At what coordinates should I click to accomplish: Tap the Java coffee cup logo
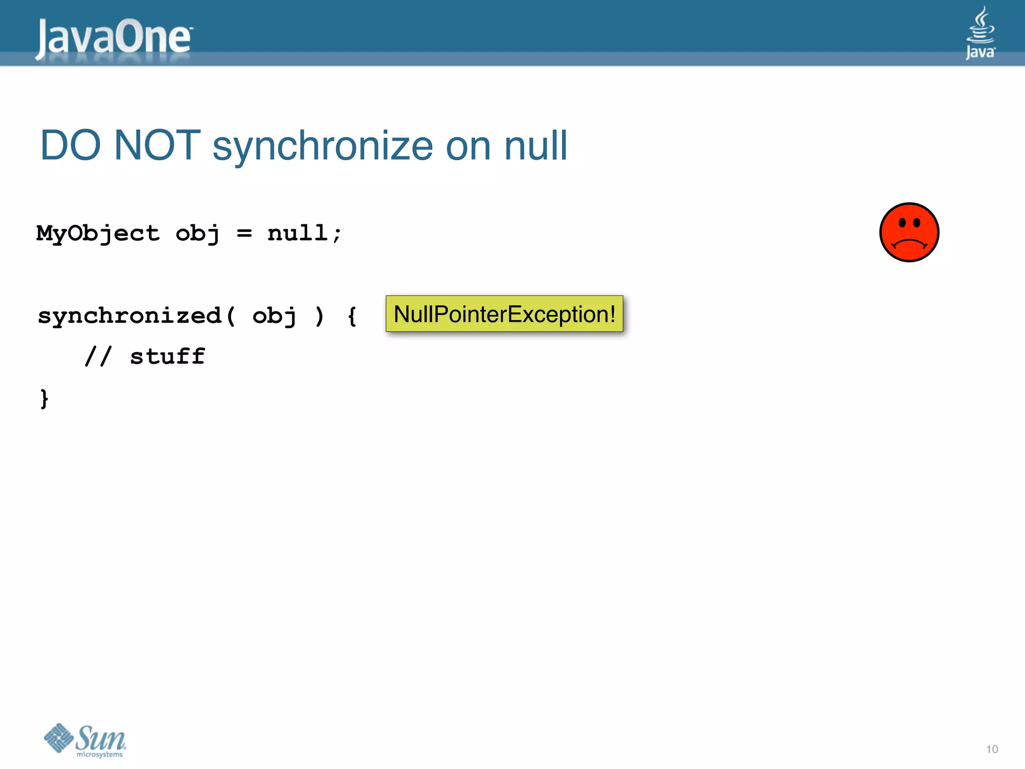(980, 33)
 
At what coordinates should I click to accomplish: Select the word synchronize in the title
(323, 146)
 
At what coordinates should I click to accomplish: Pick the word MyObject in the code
(98, 234)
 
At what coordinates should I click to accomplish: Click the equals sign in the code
(244, 233)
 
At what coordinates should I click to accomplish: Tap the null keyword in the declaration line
(298, 233)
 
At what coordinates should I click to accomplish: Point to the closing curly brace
(45, 399)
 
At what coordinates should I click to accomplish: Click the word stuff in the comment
(168, 357)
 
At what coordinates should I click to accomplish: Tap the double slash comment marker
(98, 357)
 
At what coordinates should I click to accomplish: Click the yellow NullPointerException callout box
(504, 314)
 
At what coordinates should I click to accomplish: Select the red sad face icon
(909, 232)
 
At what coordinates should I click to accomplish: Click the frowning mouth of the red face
(909, 244)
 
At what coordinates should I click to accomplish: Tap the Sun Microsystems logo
(85, 740)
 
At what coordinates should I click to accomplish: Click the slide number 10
(991, 749)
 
